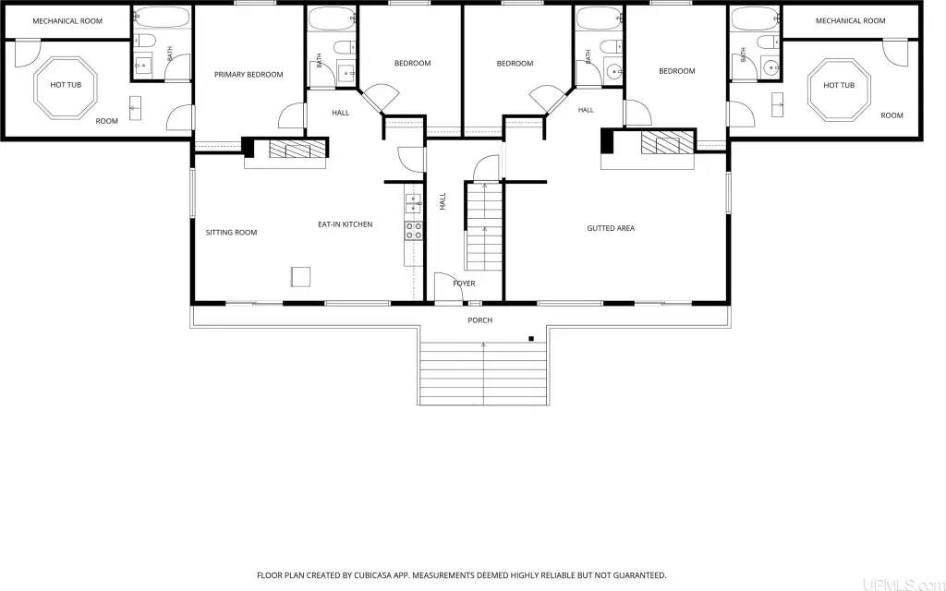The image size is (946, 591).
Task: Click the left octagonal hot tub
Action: pyautogui.click(x=66, y=88)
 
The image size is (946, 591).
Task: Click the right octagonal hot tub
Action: pyautogui.click(x=839, y=90)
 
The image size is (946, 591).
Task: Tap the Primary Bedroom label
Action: pyautogui.click(x=249, y=75)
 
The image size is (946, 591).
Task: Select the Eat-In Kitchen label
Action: pyautogui.click(x=346, y=224)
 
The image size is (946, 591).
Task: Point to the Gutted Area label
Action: pyautogui.click(x=611, y=228)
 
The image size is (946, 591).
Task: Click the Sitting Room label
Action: pyautogui.click(x=231, y=232)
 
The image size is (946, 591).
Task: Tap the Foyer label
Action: pyautogui.click(x=464, y=283)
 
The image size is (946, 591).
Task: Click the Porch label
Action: pyautogui.click(x=480, y=320)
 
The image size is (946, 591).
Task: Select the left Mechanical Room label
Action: pyautogui.click(x=67, y=21)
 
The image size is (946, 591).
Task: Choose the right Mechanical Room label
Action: pyautogui.click(x=851, y=20)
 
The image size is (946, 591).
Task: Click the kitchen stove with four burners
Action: pyautogui.click(x=413, y=231)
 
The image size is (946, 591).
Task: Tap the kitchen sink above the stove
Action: pyautogui.click(x=413, y=204)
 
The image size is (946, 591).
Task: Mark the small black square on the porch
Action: pyautogui.click(x=531, y=339)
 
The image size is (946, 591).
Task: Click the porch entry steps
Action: pyautogui.click(x=483, y=373)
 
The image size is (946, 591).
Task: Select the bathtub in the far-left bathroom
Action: pyautogui.click(x=161, y=18)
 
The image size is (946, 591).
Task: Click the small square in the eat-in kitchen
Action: pyautogui.click(x=300, y=277)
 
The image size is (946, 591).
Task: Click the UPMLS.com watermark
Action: pyautogui.click(x=904, y=584)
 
